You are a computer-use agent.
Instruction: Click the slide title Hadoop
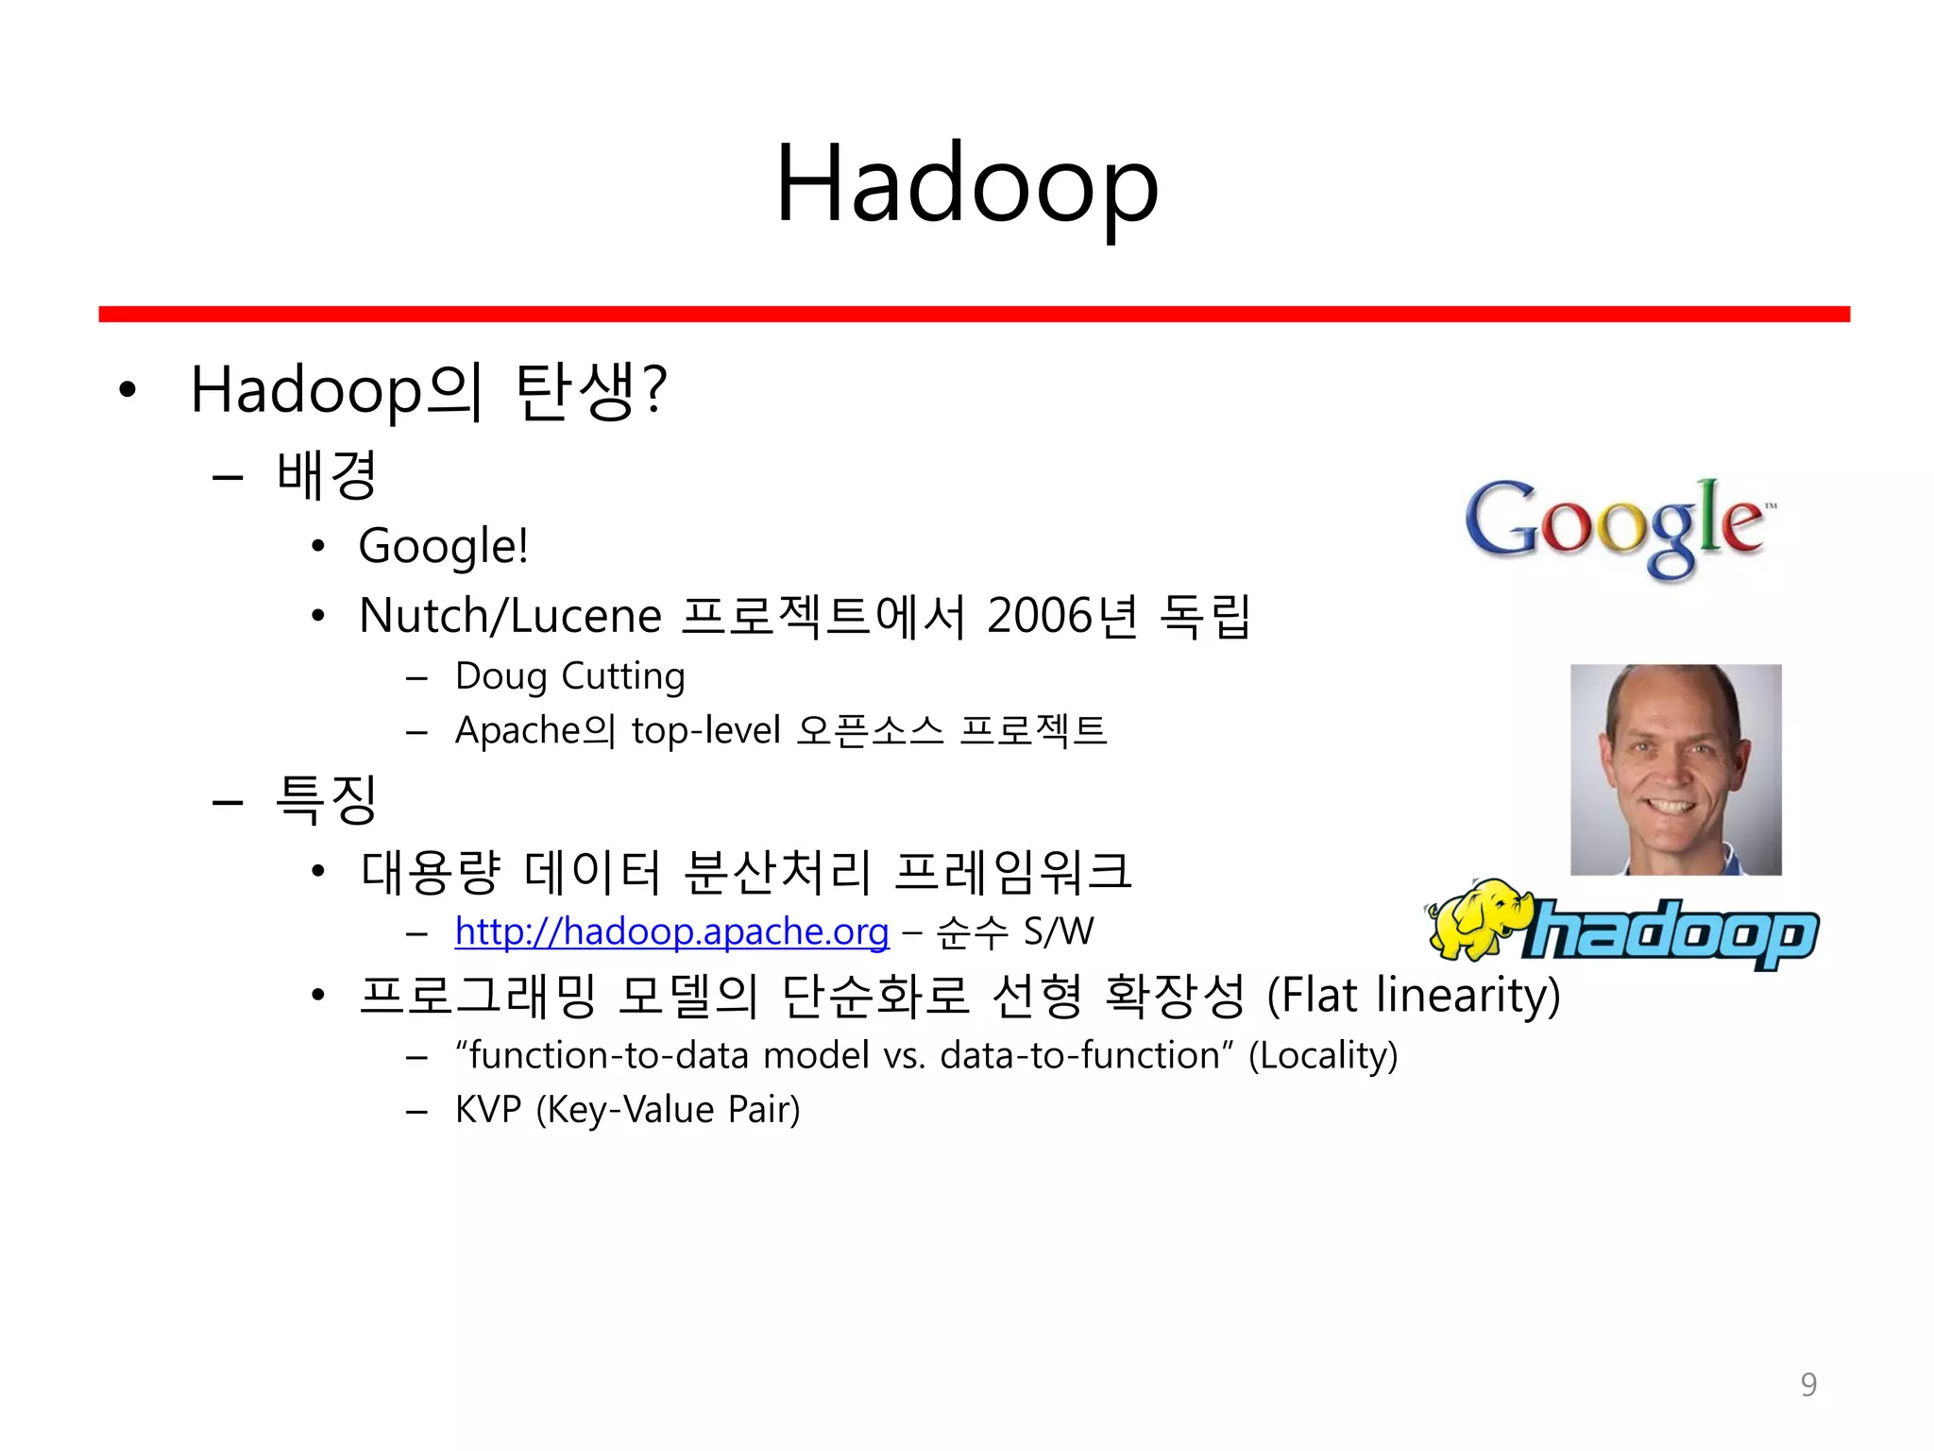966,184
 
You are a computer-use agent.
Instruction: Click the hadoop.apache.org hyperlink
671,931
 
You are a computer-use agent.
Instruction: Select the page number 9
1807,1384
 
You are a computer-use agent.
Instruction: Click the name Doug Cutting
569,676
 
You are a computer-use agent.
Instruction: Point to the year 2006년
1061,616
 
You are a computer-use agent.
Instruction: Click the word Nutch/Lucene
510,616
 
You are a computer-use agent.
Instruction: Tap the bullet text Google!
443,546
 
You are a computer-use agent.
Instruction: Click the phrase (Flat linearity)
1413,995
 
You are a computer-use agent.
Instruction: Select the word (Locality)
1322,1055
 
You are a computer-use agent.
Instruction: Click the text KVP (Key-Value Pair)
627,1110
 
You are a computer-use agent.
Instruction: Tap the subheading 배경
327,475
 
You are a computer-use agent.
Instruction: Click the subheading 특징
327,800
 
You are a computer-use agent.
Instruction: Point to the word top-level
705,730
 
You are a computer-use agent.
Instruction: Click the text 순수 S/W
1014,932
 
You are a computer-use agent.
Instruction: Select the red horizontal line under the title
974,314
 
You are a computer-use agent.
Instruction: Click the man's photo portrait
1675,769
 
